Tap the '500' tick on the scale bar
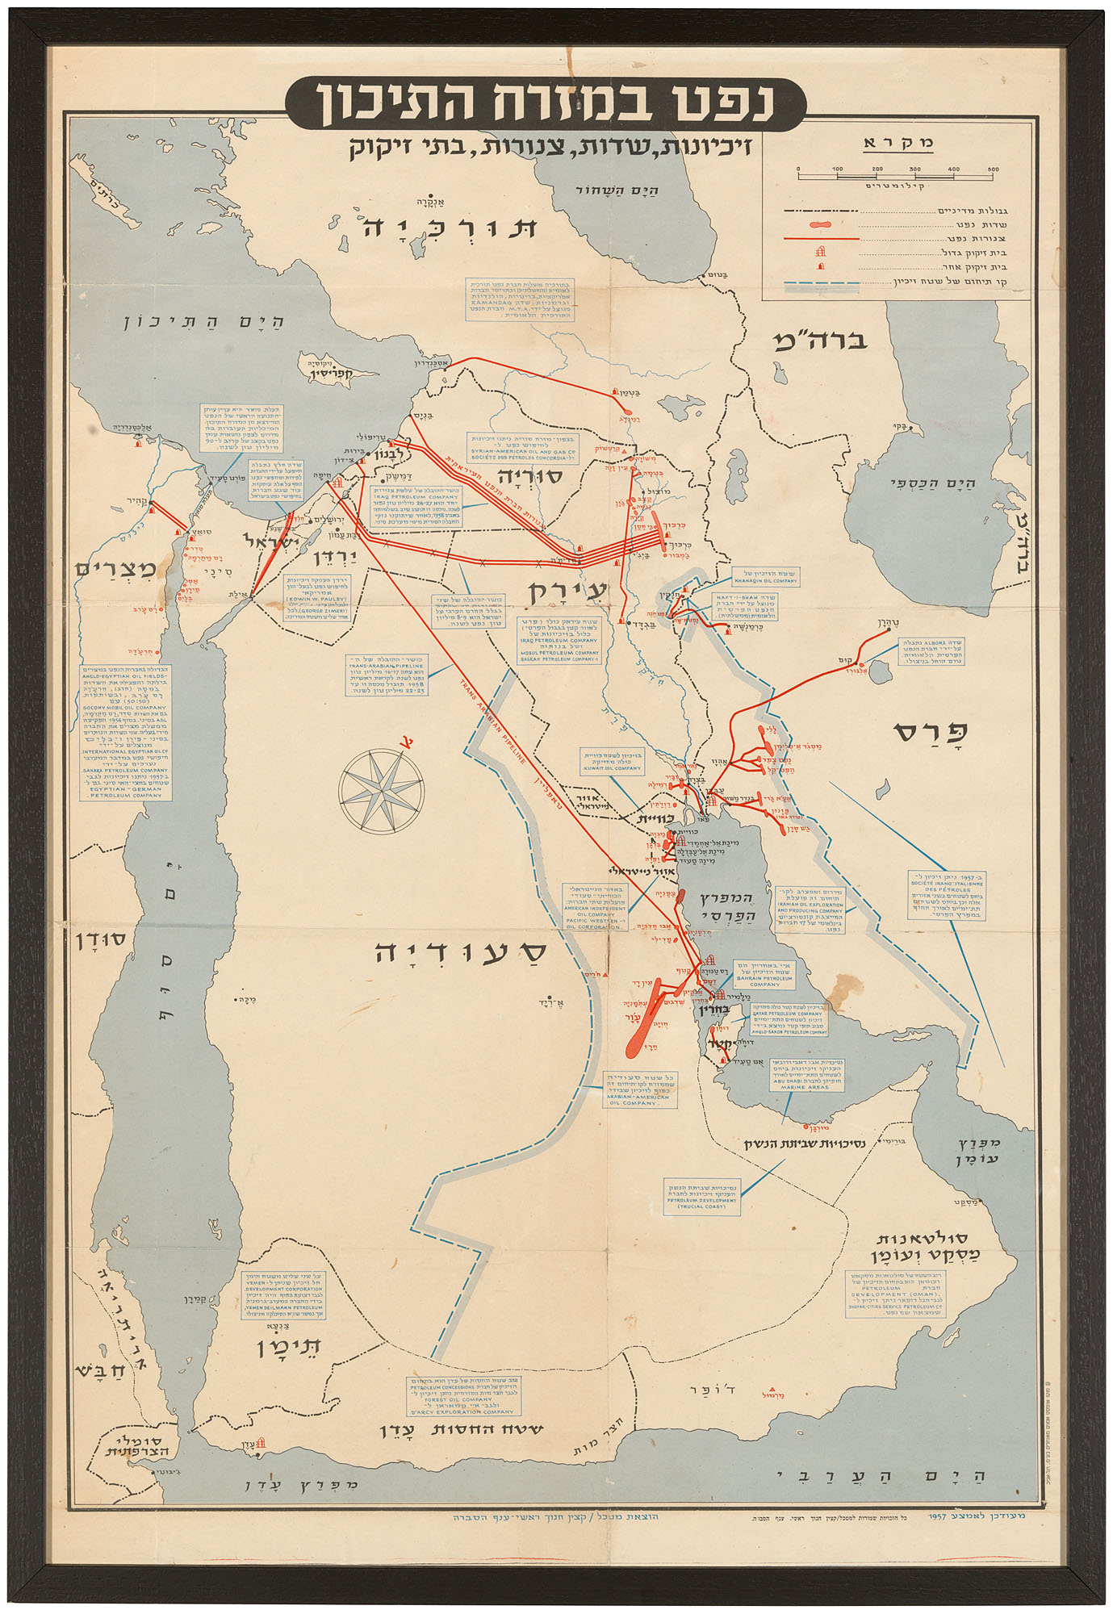coord(993,169)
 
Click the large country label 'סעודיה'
coord(460,952)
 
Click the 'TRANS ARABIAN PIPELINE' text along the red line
coord(494,721)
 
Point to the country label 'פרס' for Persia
coord(931,733)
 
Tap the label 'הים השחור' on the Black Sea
coord(617,191)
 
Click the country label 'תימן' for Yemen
coord(289,1348)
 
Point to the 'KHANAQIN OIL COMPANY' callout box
coord(765,576)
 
